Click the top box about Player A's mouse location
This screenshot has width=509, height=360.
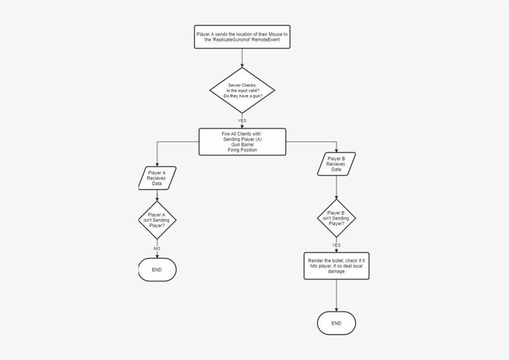(x=242, y=38)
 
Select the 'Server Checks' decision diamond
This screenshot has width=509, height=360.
(x=242, y=90)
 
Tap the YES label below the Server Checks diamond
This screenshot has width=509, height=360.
(x=242, y=120)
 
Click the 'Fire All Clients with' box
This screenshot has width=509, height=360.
(x=242, y=142)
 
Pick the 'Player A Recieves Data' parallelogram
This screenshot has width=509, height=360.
(x=157, y=178)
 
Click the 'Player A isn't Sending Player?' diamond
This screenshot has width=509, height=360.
(x=157, y=219)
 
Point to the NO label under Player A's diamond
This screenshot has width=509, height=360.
(x=157, y=248)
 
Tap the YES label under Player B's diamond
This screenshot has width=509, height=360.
(x=336, y=245)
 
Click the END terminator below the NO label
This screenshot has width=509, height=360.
(x=157, y=270)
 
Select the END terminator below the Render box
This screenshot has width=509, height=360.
(x=336, y=323)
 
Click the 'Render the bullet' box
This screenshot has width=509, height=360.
(x=336, y=266)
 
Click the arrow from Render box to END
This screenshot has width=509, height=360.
(x=336, y=295)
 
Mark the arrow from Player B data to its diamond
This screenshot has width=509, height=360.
(x=336, y=187)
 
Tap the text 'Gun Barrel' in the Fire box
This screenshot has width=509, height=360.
(x=242, y=145)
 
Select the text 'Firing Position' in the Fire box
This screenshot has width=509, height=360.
(x=242, y=150)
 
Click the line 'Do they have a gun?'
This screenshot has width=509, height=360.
(x=242, y=96)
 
